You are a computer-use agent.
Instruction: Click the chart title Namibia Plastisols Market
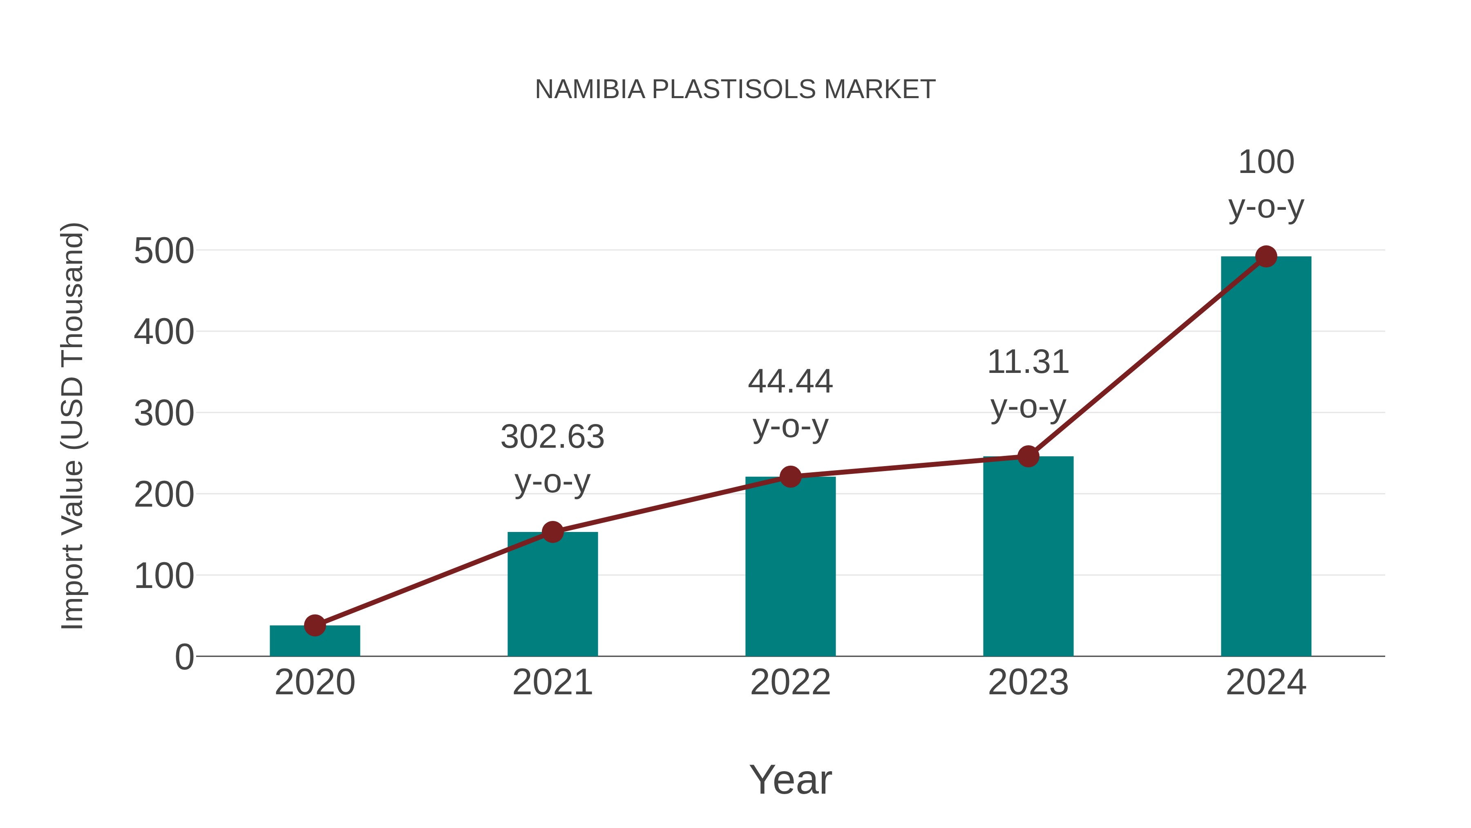(735, 90)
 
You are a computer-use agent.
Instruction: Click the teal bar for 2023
(1028, 557)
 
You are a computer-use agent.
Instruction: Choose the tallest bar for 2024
(1266, 457)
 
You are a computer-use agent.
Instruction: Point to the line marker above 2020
(315, 625)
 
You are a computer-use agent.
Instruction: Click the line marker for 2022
(790, 477)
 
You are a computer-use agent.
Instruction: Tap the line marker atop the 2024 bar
(1266, 256)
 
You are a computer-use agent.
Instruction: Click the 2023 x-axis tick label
(1028, 682)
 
